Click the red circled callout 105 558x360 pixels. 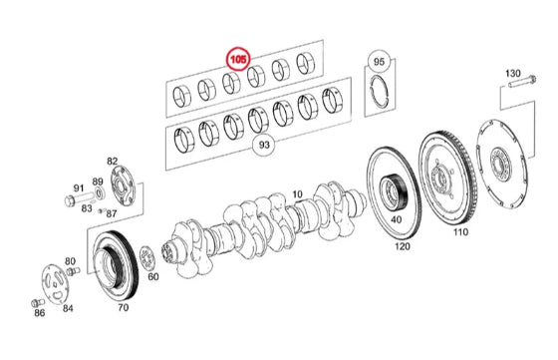(238, 59)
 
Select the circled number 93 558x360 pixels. (264, 145)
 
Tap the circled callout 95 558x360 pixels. (379, 62)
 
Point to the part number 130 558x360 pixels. (513, 74)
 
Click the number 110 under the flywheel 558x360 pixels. (460, 232)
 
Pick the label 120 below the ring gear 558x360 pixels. (403, 246)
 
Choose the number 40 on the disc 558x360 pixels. (397, 219)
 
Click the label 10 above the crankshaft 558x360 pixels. (298, 194)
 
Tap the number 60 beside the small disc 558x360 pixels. (153, 276)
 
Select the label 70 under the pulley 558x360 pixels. (124, 307)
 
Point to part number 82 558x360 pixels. (112, 162)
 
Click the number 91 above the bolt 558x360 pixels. (79, 188)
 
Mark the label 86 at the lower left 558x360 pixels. (40, 313)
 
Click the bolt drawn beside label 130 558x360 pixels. (523, 83)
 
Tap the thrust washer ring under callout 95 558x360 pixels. (380, 91)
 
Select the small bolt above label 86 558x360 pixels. (38, 303)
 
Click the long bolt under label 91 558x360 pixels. (79, 198)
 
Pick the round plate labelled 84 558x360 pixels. (55, 284)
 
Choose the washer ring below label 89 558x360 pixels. (100, 193)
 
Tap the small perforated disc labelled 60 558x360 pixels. (146, 258)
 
